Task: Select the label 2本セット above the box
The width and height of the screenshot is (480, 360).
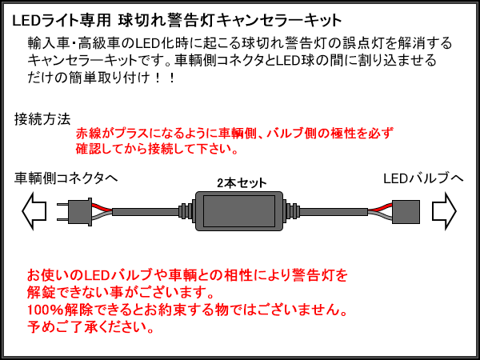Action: tap(242, 182)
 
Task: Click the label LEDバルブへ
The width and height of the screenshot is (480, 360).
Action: tap(423, 178)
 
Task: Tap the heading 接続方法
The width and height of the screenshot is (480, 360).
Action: tap(42, 119)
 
